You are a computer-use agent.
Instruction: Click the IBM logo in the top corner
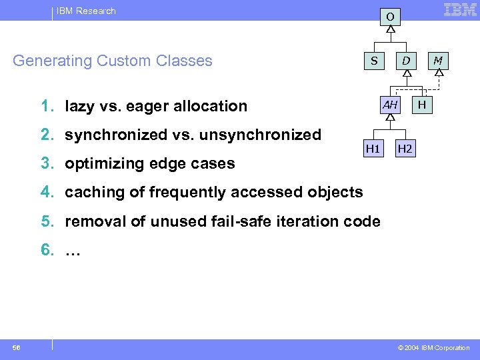point(460,10)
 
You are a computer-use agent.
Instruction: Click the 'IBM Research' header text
point(87,11)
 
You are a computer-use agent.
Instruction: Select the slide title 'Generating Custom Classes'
point(113,61)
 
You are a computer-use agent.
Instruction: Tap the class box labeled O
point(391,15)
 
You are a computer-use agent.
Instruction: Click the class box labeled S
point(374,61)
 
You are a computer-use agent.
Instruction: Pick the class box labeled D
point(405,61)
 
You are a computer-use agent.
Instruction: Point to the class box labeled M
point(437,61)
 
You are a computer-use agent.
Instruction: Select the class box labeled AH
point(390,105)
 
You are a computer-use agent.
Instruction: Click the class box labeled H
point(422,105)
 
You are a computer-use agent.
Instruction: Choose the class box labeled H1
point(373,148)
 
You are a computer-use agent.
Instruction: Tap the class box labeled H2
point(405,148)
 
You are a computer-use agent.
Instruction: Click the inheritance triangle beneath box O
point(391,30)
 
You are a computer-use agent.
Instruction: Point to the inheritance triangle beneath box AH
point(390,118)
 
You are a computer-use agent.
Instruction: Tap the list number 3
point(47,163)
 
